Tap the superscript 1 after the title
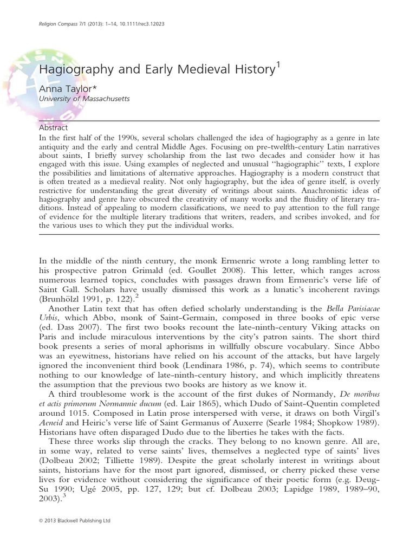pos(278,66)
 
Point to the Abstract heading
pos(54,128)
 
